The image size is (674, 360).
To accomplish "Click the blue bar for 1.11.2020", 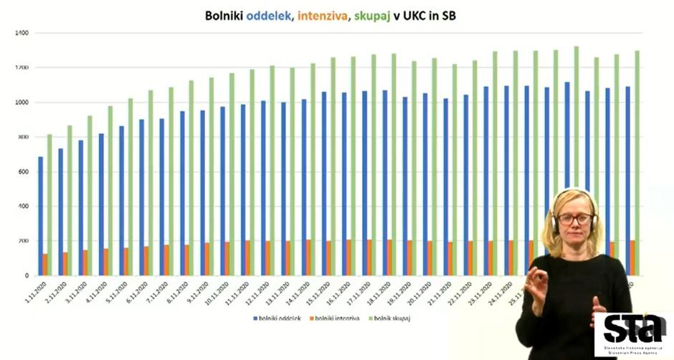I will (x=40, y=215).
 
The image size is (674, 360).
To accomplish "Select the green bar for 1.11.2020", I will (x=49, y=204).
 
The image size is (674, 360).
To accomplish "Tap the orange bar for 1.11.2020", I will (x=45, y=264).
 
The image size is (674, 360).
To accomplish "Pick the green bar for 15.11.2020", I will (x=333, y=166).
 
